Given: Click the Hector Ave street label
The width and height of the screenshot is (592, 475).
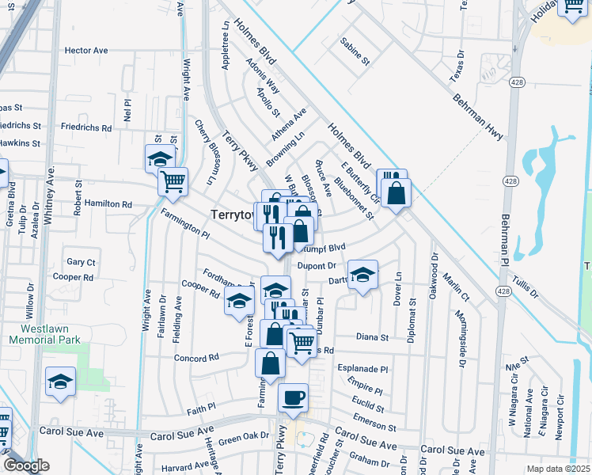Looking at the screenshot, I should pyautogui.click(x=86, y=50).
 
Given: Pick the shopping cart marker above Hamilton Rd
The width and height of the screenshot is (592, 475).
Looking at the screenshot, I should pyautogui.click(x=173, y=181).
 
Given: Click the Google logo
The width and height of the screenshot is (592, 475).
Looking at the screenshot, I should pyautogui.click(x=26, y=465).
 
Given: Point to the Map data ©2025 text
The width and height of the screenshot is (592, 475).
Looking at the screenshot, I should pyautogui.click(x=557, y=469).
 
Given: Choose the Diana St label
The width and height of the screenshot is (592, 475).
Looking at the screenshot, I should pyautogui.click(x=373, y=336).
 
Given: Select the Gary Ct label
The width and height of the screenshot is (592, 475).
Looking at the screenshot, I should pyautogui.click(x=81, y=262).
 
